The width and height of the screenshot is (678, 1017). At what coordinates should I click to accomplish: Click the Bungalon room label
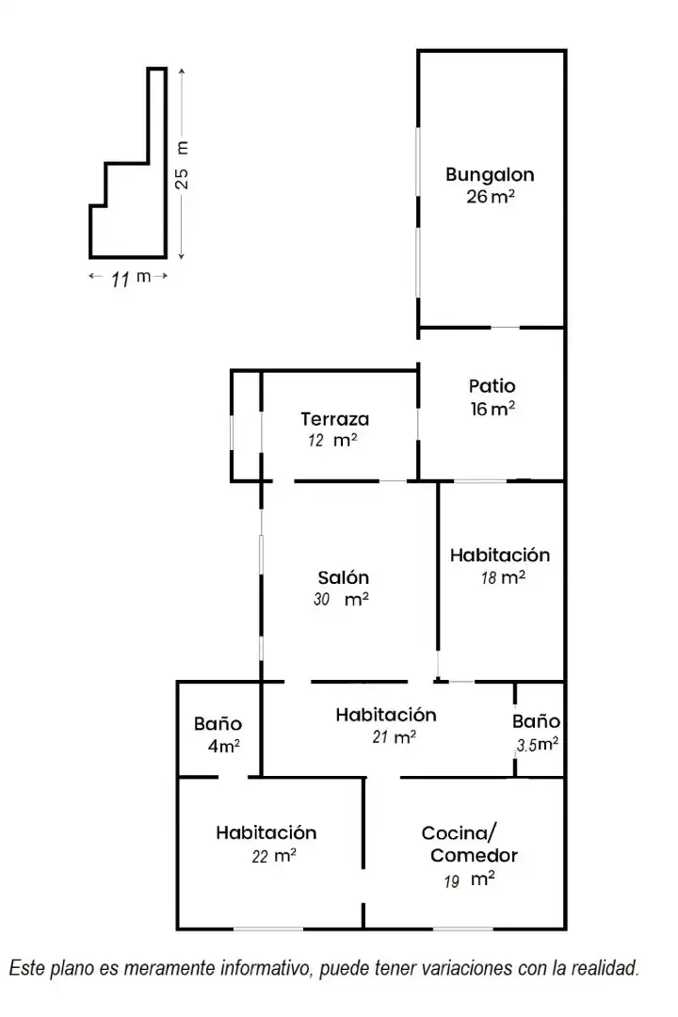click(x=490, y=175)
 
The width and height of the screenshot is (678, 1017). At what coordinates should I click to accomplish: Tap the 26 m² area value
click(x=491, y=196)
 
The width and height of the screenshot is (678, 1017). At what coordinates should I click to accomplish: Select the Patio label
click(x=492, y=386)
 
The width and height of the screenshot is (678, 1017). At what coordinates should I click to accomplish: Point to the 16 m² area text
click(x=492, y=409)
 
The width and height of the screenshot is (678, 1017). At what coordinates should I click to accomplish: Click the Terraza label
click(x=335, y=419)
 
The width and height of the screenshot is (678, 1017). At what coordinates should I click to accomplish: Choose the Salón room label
click(x=343, y=577)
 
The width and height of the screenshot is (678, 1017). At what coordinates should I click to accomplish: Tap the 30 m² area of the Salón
click(x=341, y=599)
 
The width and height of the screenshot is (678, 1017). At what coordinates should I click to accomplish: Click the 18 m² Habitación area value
click(x=503, y=577)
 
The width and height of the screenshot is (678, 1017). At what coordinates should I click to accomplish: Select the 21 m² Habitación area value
click(x=395, y=736)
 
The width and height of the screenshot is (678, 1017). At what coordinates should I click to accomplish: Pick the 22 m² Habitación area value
click(x=274, y=856)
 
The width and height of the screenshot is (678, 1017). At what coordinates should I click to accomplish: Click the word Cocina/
click(x=460, y=832)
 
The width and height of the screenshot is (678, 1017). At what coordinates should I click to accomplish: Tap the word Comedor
click(x=474, y=855)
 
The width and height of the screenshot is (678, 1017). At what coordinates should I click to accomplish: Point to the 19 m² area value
click(x=470, y=880)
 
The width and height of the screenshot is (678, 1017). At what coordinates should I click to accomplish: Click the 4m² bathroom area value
click(x=224, y=746)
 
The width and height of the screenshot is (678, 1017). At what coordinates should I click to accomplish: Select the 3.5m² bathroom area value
click(x=537, y=745)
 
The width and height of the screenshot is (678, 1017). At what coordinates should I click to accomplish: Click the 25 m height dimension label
click(x=183, y=165)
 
